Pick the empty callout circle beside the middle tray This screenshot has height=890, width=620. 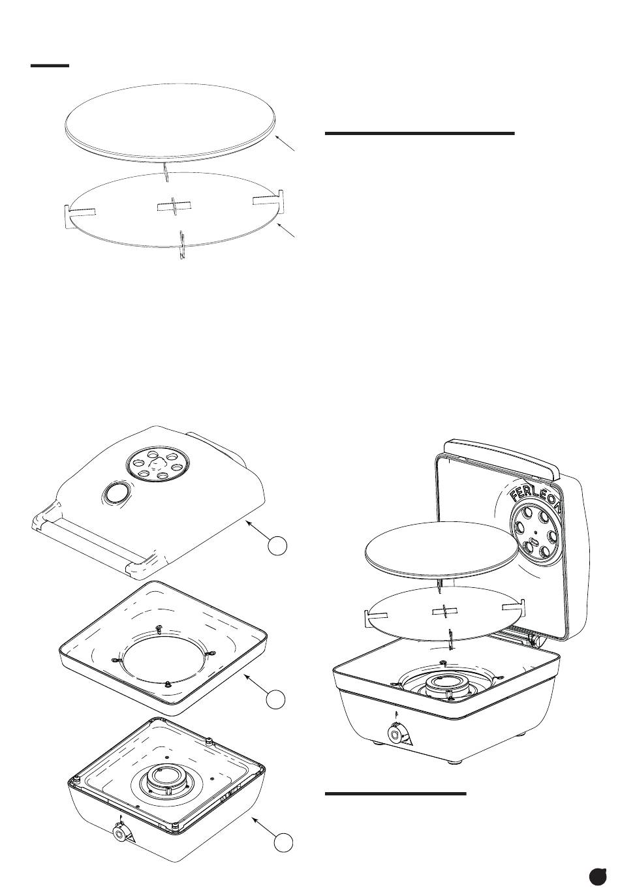[275, 699]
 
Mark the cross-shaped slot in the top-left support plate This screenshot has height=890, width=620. [174, 206]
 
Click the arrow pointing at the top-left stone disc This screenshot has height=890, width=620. [286, 143]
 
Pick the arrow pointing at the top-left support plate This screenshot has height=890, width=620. [287, 230]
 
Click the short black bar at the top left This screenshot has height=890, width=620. [50, 65]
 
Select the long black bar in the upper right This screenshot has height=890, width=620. [420, 134]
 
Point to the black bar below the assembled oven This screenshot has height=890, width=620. [395, 794]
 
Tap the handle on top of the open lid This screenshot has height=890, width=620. [503, 458]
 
